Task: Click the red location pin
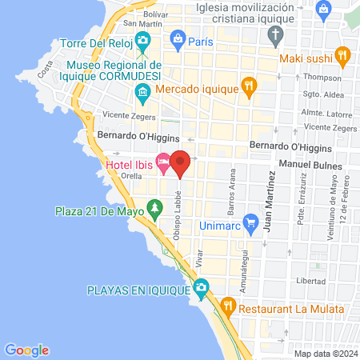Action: [181, 162]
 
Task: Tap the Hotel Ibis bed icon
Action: [162, 165]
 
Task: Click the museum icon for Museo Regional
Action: [142, 94]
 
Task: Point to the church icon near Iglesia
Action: [276, 34]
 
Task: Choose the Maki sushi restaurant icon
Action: [343, 56]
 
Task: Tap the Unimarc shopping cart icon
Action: [250, 221]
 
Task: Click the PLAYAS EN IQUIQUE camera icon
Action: [201, 286]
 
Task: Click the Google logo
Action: [26, 350]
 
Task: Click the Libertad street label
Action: [310, 282]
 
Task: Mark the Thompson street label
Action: [322, 77]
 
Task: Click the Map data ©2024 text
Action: [324, 354]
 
